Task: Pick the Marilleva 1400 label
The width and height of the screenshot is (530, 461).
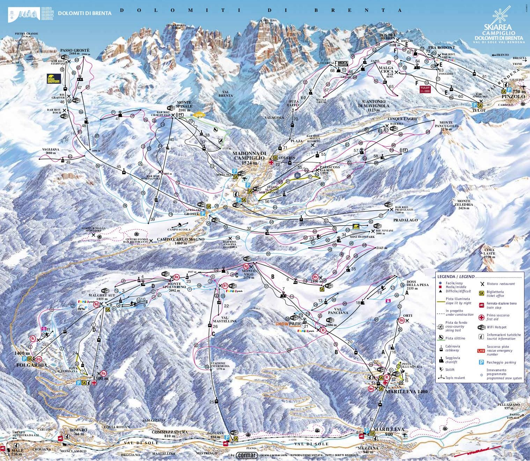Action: click(x=407, y=392)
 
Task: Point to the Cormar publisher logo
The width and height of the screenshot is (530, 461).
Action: click(x=246, y=455)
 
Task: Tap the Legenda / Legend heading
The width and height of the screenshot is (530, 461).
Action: click(x=456, y=276)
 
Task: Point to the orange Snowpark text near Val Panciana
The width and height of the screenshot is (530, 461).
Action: click(x=287, y=324)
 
